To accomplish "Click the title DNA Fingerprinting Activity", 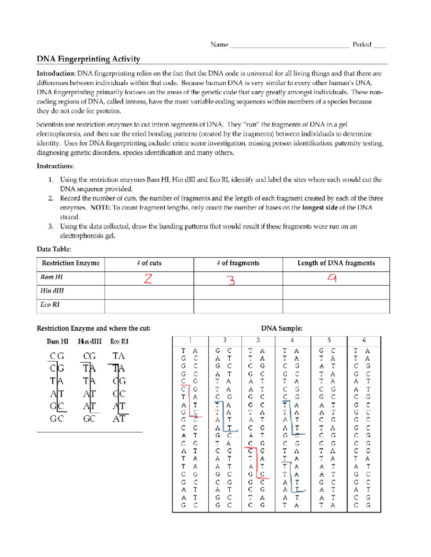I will click(x=88, y=59).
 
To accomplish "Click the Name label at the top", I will click(x=219, y=45).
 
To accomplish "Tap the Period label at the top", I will click(x=362, y=45).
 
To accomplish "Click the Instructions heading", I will click(x=55, y=166).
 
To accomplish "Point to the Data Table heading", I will click(x=54, y=249).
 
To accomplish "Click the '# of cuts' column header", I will click(x=149, y=263).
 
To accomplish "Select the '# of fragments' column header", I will click(x=238, y=263).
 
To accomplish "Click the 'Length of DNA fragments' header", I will click(x=336, y=263).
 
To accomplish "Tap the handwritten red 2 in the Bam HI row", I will click(x=148, y=278).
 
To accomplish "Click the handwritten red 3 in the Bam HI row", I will click(x=232, y=279).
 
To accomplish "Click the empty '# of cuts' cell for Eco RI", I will click(x=149, y=306).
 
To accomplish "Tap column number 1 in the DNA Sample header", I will click(x=190, y=340).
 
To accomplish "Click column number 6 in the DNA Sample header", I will click(x=364, y=340).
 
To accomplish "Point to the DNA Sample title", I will click(x=282, y=328).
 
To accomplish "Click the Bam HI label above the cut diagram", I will click(x=57, y=341).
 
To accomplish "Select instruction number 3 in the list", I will click(x=51, y=227).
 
